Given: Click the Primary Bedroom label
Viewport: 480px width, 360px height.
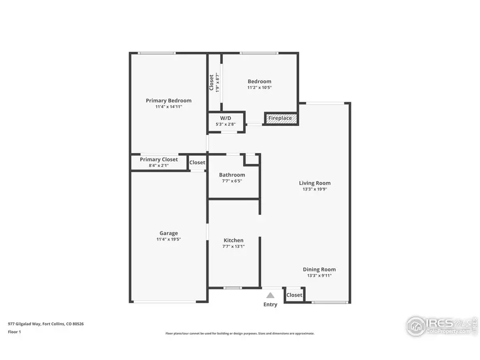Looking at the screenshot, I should pyautogui.click(x=169, y=100).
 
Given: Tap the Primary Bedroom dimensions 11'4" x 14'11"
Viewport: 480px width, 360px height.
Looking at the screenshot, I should pyautogui.click(x=169, y=107).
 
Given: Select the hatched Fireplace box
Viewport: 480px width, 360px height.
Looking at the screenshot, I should pyautogui.click(x=281, y=118).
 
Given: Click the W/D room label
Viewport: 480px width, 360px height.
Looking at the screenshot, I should pyautogui.click(x=226, y=118).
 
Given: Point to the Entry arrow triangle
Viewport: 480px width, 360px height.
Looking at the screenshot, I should pyautogui.click(x=270, y=295).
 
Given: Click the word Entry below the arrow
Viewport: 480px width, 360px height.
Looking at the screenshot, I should pyautogui.click(x=270, y=305).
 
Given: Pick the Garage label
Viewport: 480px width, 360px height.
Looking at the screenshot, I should pyautogui.click(x=169, y=233).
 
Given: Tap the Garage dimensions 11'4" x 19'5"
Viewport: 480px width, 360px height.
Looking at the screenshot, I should pyautogui.click(x=169, y=239).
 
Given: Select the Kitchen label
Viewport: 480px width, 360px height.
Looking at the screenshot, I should pyautogui.click(x=233, y=241).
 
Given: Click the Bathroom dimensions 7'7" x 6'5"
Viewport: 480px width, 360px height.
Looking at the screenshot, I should pyautogui.click(x=232, y=181).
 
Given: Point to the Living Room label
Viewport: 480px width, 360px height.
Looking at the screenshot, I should pyautogui.click(x=315, y=183).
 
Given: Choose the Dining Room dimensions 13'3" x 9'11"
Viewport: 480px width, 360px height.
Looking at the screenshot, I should pyautogui.click(x=319, y=276).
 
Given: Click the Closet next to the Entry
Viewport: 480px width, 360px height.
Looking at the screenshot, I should pyautogui.click(x=294, y=295).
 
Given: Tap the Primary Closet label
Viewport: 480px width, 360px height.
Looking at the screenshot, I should pyautogui.click(x=159, y=159).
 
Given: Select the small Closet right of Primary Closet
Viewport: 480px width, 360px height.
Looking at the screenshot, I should pyautogui.click(x=197, y=162).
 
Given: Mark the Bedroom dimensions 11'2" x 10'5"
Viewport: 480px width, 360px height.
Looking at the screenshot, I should pyautogui.click(x=259, y=87).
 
